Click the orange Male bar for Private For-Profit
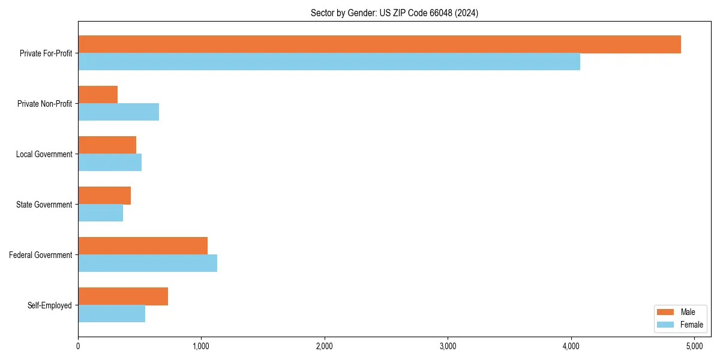click(379, 44)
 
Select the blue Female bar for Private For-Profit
click(329, 62)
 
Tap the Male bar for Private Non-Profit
click(98, 95)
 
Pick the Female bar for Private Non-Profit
click(118, 112)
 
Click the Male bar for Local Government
click(107, 145)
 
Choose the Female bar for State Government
click(100, 213)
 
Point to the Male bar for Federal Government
click(143, 246)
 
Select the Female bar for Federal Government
click(148, 263)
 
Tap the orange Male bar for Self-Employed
click(123, 296)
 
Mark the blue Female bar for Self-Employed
click(112, 314)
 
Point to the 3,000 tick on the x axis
click(448, 346)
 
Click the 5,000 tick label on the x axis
click(694, 346)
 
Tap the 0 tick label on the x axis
click(78, 346)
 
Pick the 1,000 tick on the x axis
click(201, 346)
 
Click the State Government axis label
click(44, 205)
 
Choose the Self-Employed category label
click(50, 305)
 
